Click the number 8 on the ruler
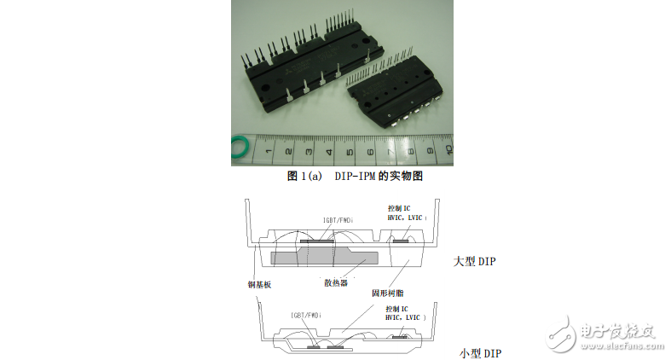[x=411, y=154]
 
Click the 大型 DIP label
[x=475, y=261]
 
